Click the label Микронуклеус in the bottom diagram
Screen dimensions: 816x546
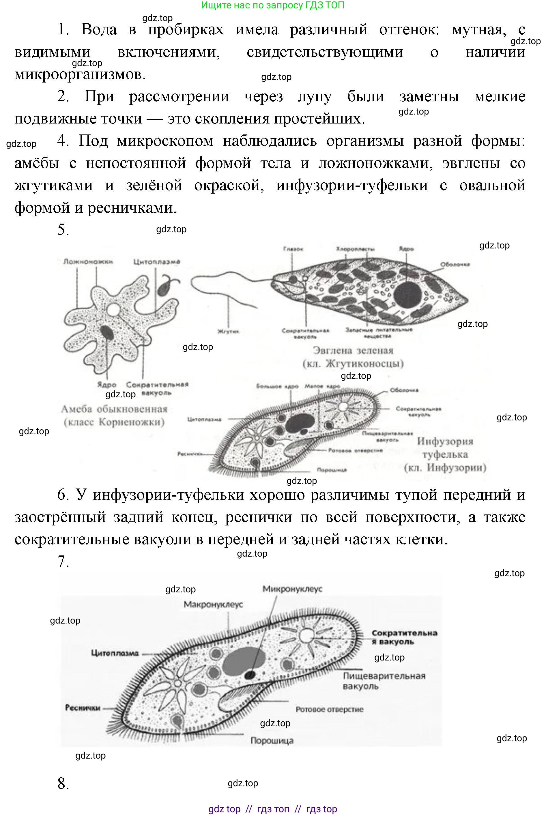coord(292,589)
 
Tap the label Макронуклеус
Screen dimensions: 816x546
coord(213,604)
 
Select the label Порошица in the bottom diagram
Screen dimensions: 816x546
coord(272,740)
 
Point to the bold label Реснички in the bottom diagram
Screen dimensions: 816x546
coord(83,708)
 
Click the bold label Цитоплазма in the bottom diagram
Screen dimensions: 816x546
coord(115,653)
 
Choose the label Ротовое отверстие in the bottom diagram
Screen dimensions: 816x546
coord(329,709)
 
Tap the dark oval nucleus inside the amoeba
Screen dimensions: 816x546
coord(107,333)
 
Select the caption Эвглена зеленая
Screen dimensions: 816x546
coord(353,350)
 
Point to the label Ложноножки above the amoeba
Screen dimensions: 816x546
coord(88,261)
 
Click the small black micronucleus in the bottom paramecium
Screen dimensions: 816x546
coord(250,675)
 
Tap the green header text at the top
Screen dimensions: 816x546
coord(273,5)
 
